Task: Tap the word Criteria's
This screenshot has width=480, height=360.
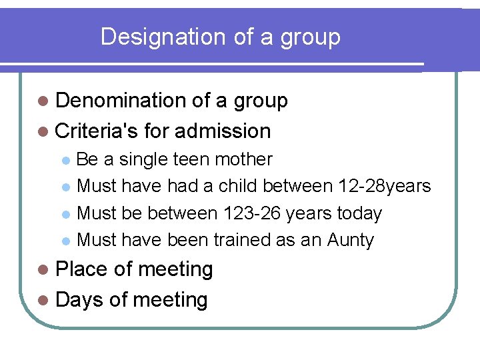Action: click(x=97, y=131)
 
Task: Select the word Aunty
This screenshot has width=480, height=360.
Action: click(x=351, y=240)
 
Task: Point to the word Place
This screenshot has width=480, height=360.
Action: click(x=82, y=269)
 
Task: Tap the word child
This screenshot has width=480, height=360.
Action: click(x=237, y=186)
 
